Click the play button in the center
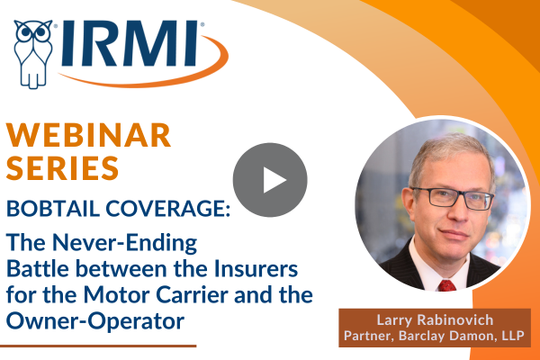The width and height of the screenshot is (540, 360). [x=270, y=180]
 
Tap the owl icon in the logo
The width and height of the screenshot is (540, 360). [x=33, y=54]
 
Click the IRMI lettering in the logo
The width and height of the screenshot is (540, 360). [x=130, y=43]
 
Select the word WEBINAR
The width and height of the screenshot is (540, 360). [x=88, y=135]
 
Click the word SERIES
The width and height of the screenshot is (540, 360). [x=62, y=167]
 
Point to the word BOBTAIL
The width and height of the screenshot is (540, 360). [x=53, y=209]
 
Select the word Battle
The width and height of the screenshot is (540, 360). [x=38, y=269]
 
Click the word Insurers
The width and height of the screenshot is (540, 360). [x=256, y=269]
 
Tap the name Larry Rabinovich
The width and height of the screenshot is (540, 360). [x=435, y=320]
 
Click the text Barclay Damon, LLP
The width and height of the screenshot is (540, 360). [x=462, y=336]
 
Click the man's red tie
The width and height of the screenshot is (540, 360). [x=446, y=285]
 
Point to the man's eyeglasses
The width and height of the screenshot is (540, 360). [x=452, y=198]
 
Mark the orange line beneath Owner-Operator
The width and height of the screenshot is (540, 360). [x=98, y=346]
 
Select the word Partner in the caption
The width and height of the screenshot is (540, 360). [x=369, y=336]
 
